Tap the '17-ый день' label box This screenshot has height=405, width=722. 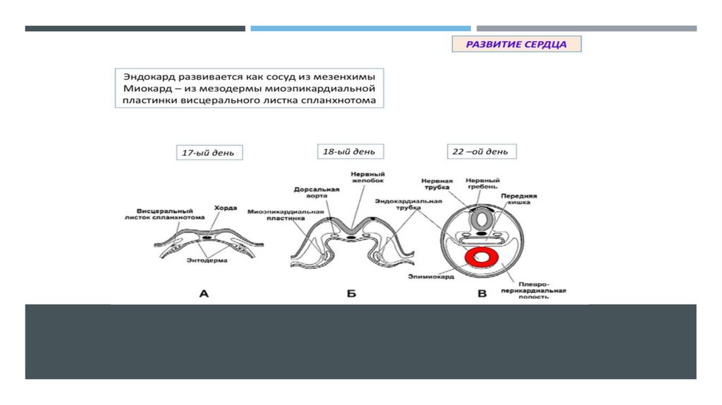click(x=209, y=152)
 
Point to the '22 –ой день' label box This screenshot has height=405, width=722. click(x=482, y=152)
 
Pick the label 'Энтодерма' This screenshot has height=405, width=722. click(x=207, y=262)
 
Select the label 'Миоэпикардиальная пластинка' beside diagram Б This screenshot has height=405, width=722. click(x=286, y=215)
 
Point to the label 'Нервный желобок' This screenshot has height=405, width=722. click(x=362, y=179)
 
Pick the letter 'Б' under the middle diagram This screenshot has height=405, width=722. click(x=351, y=294)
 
